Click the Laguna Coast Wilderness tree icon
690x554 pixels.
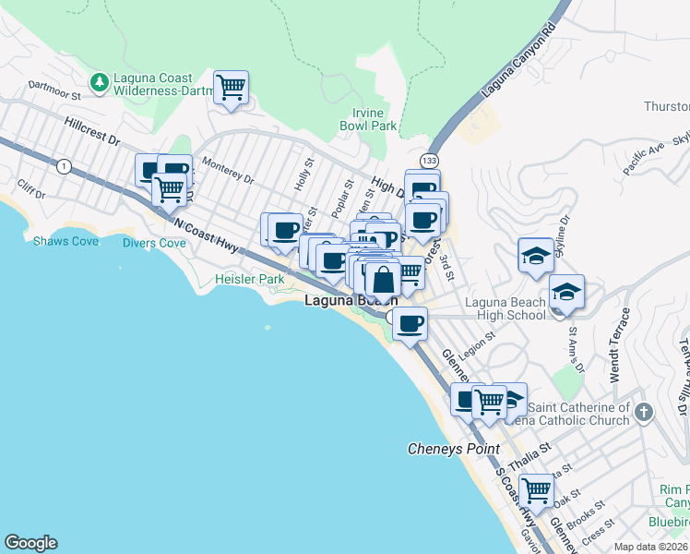point(99,84)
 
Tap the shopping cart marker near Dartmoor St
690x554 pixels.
point(231,89)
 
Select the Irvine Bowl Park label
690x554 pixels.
point(367,119)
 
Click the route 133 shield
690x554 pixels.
point(428,163)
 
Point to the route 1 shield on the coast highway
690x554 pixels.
point(63,166)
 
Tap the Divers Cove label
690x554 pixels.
point(154,244)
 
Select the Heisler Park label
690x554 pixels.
point(249,279)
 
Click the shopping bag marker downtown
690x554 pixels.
point(382,278)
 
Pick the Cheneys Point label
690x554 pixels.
point(454,450)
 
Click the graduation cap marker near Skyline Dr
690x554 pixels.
point(536,255)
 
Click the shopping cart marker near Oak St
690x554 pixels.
point(535,489)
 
